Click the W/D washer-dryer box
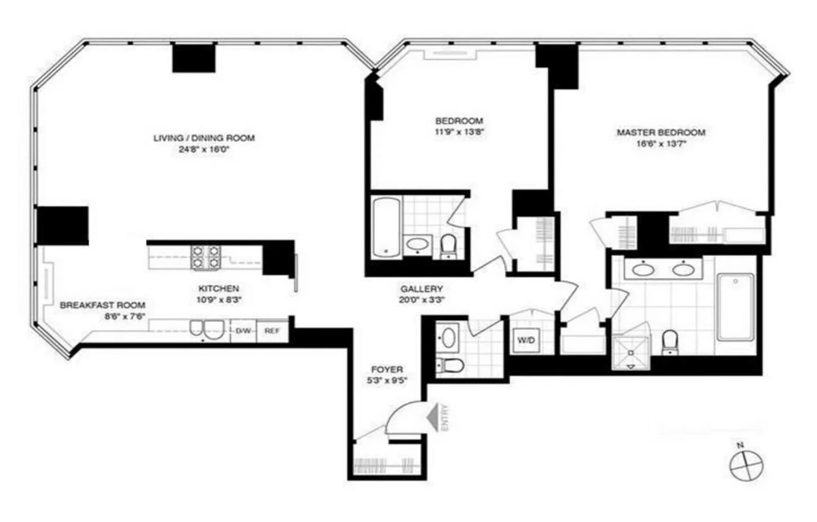click(526, 341)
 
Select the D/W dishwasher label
click(243, 331)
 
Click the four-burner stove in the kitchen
click(206, 257)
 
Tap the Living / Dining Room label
click(204, 138)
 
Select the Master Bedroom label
click(661, 132)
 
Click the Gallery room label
click(422, 289)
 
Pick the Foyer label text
click(387, 370)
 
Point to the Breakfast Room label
click(102, 305)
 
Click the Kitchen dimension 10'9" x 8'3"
click(218, 299)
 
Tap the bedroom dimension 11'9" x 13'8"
click(459, 131)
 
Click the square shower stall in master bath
click(630, 353)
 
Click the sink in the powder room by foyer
click(448, 338)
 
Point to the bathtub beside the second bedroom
click(386, 228)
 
